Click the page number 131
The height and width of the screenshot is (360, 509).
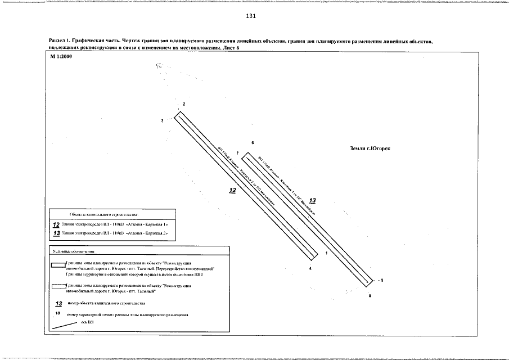[251, 16]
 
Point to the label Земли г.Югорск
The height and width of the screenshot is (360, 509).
[370, 148]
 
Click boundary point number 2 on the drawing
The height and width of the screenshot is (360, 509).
[183, 105]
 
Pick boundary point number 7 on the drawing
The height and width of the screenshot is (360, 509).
[238, 153]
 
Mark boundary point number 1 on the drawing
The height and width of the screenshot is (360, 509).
[327, 254]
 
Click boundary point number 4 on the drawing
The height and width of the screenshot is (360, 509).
[310, 268]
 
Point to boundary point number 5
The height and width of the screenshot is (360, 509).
[381, 280]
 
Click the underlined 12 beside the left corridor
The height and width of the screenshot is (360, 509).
[233, 191]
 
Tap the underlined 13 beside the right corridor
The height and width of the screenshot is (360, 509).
[313, 200]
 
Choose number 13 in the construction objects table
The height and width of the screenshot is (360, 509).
[56, 232]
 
